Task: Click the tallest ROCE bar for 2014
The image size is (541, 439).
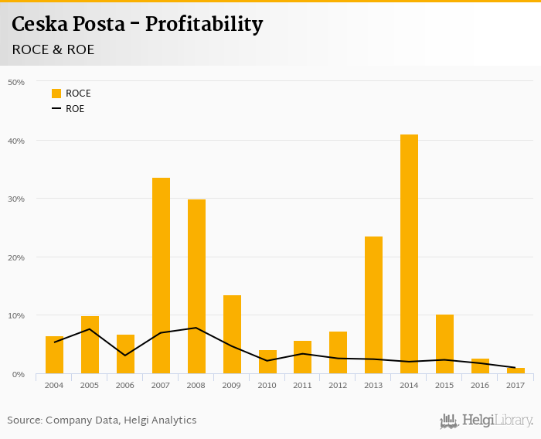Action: (409, 254)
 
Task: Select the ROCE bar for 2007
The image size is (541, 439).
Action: (161, 276)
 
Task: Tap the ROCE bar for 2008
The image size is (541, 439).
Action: (196, 287)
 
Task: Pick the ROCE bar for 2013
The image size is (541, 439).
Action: (373, 305)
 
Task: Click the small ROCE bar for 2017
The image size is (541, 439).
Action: (515, 371)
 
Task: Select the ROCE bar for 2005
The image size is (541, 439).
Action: (90, 345)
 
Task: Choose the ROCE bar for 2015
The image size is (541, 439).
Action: (444, 344)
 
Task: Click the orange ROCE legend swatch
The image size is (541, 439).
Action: (56, 94)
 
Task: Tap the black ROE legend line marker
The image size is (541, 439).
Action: (56, 109)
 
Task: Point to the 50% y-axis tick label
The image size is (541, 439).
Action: (16, 82)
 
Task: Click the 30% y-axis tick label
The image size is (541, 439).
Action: (16, 199)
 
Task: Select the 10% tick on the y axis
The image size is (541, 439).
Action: (16, 315)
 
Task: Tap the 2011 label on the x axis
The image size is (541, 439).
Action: (302, 385)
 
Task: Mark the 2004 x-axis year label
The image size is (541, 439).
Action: (54, 385)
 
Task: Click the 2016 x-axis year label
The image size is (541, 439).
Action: (480, 385)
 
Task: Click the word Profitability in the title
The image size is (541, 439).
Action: (204, 25)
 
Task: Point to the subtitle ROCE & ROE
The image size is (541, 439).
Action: (53, 49)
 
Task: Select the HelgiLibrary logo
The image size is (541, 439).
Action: (486, 420)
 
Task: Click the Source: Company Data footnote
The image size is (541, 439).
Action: (102, 420)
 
